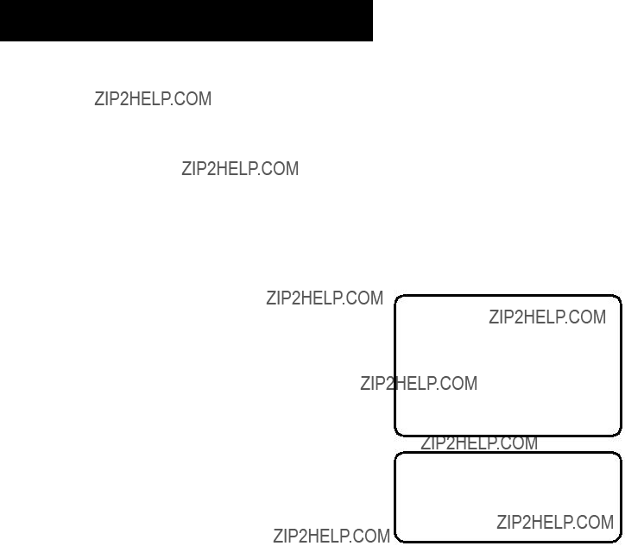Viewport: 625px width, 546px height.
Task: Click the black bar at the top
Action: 186,21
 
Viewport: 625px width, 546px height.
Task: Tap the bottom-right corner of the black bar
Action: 373,41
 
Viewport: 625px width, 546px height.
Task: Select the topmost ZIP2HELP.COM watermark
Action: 153,99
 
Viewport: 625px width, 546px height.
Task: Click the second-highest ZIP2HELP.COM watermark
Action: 240,168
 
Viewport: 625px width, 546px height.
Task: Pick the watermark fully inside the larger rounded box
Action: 547,317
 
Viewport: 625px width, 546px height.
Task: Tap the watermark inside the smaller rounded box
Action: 555,522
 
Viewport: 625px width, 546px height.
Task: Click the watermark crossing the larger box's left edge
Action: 419,383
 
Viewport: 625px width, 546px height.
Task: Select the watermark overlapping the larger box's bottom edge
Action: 479,442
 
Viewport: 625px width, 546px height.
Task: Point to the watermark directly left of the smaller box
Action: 331,536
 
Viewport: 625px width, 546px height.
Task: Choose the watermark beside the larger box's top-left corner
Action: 325,298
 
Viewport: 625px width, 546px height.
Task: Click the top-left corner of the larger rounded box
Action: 395,296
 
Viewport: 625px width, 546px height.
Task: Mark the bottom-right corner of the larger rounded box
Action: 621,436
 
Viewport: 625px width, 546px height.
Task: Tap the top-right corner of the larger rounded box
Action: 621,296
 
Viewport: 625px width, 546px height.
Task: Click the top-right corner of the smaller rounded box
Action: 621,453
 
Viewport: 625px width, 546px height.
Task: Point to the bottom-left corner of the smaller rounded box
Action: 395,542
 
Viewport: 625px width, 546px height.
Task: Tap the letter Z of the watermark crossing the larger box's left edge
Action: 364,383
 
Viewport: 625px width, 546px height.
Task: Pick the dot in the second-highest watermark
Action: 261,174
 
